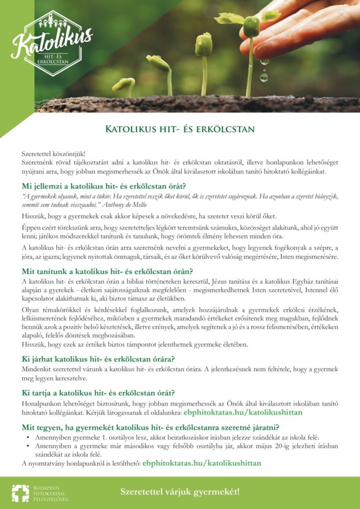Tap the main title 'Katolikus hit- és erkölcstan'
pyautogui.click(x=180, y=130)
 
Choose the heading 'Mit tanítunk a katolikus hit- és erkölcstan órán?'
pyautogui.click(x=107, y=271)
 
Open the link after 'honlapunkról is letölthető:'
pyautogui.click(x=202, y=463)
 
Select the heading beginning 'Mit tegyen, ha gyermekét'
pyautogui.click(x=150, y=427)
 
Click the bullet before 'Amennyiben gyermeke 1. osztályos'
pyautogui.click(x=27, y=437)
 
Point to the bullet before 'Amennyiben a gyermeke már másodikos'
pyautogui.click(x=27, y=446)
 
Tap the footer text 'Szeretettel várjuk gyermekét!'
pyautogui.click(x=180, y=492)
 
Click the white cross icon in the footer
pyautogui.click(x=20, y=493)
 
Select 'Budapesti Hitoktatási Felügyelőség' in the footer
pyautogui.click(x=51, y=493)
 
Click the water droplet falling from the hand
pyautogui.click(x=264, y=77)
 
